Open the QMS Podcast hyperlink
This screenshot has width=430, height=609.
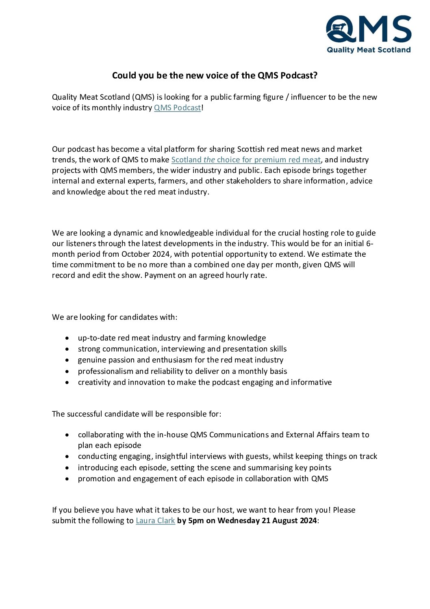click(177, 108)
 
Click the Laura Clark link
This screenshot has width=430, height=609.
click(155, 521)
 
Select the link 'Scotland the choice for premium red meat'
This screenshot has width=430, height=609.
click(246, 160)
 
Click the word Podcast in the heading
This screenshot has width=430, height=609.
click(297, 76)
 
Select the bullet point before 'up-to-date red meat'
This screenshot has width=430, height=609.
click(67, 338)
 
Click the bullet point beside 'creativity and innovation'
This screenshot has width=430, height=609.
click(67, 382)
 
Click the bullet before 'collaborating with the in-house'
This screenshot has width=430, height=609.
click(67, 435)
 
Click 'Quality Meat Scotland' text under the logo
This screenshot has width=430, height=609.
click(369, 50)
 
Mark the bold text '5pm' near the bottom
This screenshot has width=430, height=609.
click(196, 521)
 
